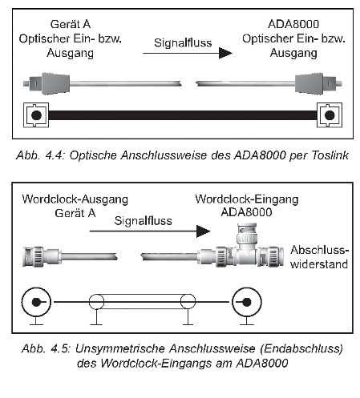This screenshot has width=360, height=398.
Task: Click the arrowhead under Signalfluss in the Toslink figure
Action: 225,53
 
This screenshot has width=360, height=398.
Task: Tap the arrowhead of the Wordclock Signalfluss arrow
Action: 203,231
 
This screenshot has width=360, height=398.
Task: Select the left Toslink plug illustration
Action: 47,83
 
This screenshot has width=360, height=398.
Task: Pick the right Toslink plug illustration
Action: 318,83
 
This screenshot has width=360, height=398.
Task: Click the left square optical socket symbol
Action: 36,115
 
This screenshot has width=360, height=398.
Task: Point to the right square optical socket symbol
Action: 330,115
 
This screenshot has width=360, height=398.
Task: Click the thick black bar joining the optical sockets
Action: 183,115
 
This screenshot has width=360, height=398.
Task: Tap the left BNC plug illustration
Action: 42,257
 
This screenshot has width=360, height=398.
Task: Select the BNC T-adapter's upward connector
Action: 247,234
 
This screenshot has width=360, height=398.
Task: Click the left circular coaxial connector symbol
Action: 36,302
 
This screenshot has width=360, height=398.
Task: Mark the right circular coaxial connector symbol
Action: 247,302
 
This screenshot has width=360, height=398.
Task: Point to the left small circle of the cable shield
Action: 96,302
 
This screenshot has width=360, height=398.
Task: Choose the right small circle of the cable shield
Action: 188,302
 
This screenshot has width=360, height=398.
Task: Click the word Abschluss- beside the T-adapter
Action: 320,250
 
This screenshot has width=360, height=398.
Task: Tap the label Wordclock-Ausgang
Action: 75,199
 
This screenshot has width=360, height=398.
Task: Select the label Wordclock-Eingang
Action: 247,199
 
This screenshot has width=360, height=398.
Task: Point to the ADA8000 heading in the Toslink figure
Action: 293,24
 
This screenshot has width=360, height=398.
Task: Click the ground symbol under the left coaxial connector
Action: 36,321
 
